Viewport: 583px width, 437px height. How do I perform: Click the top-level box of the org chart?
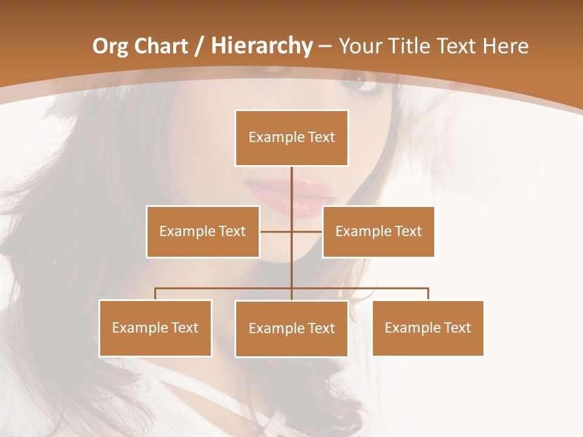coord(291,138)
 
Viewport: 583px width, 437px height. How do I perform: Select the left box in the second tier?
coord(203,231)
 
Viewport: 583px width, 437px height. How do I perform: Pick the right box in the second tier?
coord(378,231)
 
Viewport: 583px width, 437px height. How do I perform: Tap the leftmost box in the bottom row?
coord(155,328)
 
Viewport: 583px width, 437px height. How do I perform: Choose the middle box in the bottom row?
coord(291,328)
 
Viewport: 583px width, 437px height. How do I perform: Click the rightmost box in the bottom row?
coord(428,328)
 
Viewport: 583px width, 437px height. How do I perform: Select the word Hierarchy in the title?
coord(261,46)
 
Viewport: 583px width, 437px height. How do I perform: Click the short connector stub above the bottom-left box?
coord(155,294)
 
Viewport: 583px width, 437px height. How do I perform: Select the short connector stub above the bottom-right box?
coord(428,294)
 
